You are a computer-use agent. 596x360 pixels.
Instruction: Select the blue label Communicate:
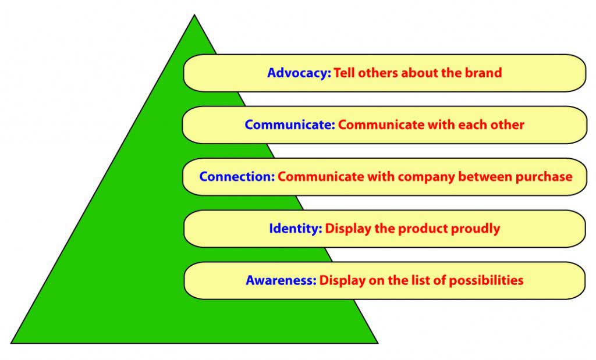pos(290,125)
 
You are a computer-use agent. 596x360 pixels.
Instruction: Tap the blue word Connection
pos(236,177)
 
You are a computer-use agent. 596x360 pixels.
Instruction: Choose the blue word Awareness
pos(281,280)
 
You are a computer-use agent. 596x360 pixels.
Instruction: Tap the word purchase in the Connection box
pos(544,177)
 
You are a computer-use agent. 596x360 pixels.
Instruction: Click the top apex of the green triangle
pos(194,16)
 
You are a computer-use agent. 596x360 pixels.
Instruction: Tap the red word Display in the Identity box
pos(347,229)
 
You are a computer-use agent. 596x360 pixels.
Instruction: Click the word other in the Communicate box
pos(507,125)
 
